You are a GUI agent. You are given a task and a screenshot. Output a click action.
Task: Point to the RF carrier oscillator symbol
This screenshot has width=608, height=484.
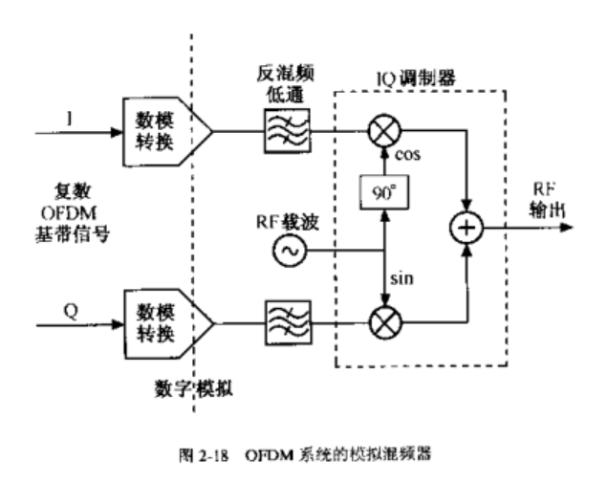tap(288, 253)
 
